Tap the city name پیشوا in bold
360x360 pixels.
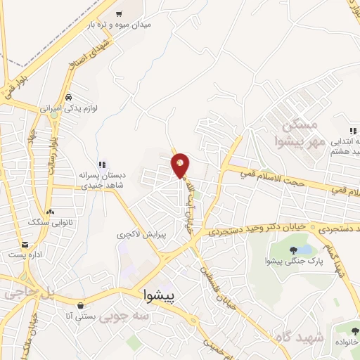coord(162,295)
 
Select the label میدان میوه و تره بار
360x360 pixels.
coord(124,25)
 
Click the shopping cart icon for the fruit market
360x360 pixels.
coord(119,14)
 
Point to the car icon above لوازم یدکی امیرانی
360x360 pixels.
coord(68,98)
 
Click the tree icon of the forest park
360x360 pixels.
coord(294,250)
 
